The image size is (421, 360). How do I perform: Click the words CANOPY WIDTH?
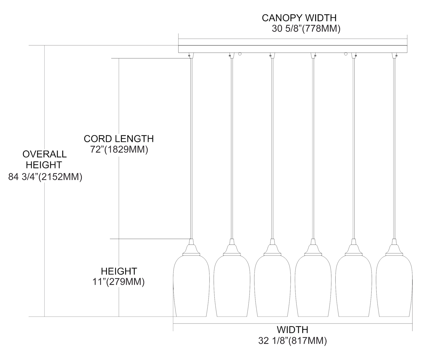[299, 18]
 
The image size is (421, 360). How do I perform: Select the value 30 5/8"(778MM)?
[306, 29]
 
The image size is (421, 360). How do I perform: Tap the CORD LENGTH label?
[119, 139]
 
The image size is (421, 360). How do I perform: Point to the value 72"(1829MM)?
[119, 149]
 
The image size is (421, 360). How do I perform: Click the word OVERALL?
[45, 154]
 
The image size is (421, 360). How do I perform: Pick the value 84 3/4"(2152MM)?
[45, 177]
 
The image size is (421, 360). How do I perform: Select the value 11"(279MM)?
[119, 282]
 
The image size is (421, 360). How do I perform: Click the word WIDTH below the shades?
[292, 329]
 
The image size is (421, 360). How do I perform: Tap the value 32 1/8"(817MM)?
[292, 341]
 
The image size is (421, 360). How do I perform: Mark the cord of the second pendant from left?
[232, 146]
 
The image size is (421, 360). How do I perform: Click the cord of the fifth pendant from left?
[353, 146]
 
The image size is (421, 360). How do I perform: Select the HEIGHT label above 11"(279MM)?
[119, 271]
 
